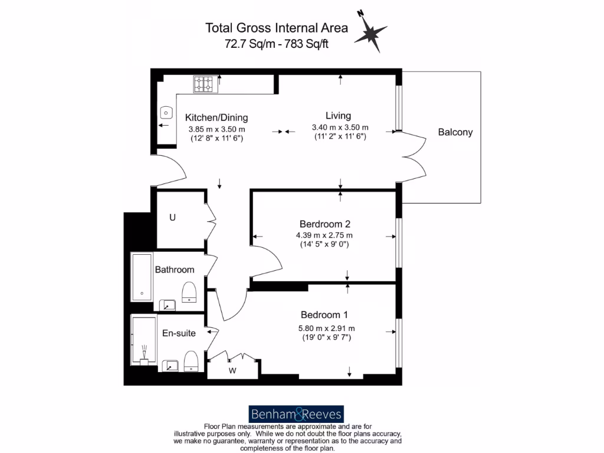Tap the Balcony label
point(455,132)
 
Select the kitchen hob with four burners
point(204,84)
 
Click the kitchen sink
point(166,112)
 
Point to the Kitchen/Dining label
point(216,117)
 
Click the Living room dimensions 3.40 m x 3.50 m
point(340,127)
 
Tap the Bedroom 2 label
point(325,224)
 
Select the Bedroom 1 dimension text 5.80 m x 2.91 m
point(327,329)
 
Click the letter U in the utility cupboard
point(172,218)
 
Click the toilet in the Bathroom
point(189,292)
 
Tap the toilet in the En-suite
point(191,361)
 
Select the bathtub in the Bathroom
point(142,277)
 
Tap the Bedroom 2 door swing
point(268,258)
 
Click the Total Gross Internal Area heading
point(276,28)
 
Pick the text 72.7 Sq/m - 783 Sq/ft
point(276,43)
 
